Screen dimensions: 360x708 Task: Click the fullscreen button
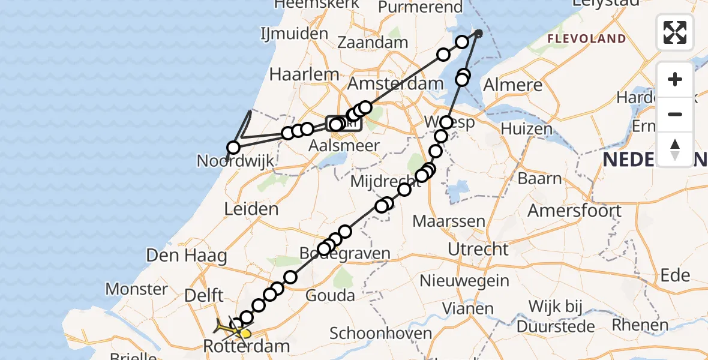click(x=675, y=32)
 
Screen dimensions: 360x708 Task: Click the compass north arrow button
click(x=675, y=149)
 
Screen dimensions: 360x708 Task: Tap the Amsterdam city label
click(x=395, y=83)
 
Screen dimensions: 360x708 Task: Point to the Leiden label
click(x=251, y=209)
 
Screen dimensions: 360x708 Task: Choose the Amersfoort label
click(x=574, y=211)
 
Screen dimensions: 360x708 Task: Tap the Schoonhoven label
click(x=380, y=334)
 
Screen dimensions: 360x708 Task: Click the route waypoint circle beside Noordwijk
click(x=233, y=147)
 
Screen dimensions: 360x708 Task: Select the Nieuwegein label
click(x=464, y=280)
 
